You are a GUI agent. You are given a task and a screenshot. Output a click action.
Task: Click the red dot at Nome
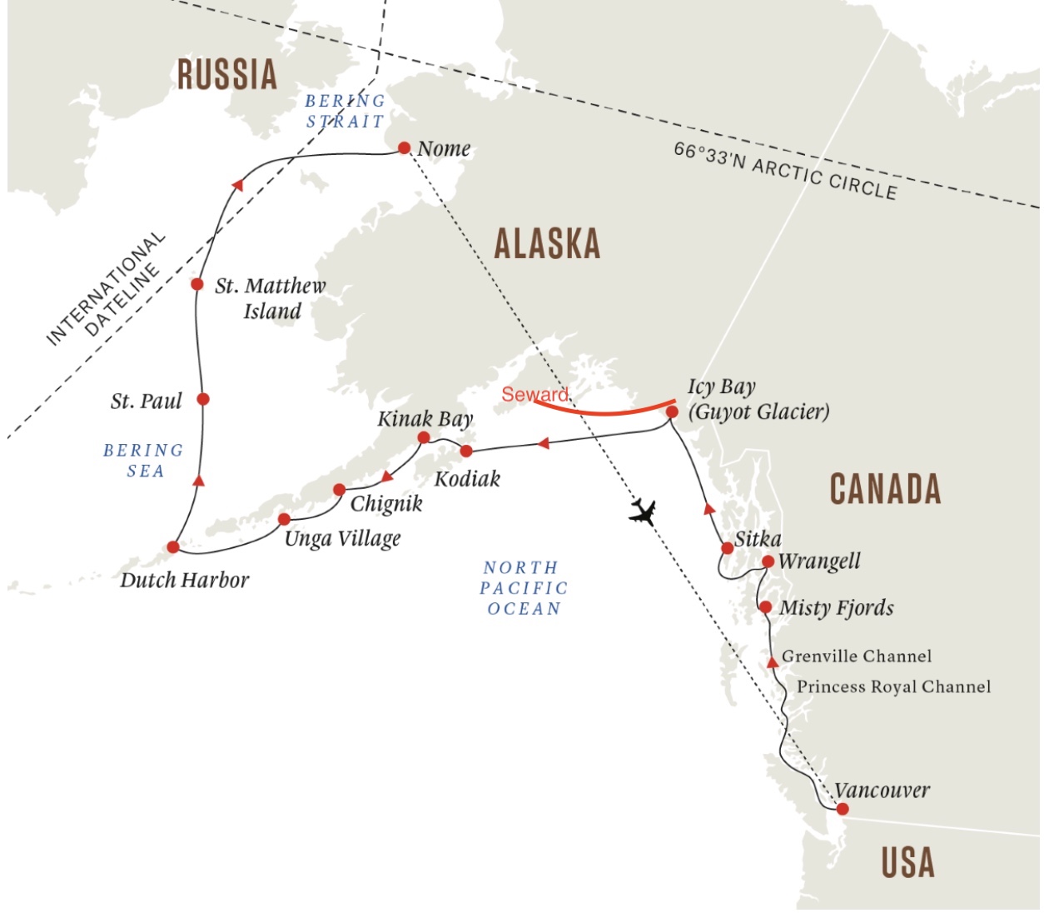pyautogui.click(x=404, y=148)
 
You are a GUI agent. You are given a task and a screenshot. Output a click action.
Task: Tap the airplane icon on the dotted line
pyautogui.click(x=642, y=511)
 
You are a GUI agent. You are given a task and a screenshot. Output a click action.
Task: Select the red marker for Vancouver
pyautogui.click(x=842, y=809)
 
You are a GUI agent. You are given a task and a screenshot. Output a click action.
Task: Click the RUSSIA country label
pyautogui.click(x=226, y=74)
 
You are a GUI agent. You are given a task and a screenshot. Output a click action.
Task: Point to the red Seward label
pyautogui.click(x=534, y=394)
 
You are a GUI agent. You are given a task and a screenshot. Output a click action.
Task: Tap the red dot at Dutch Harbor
pyautogui.click(x=172, y=547)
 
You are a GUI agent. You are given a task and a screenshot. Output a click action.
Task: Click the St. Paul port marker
pyautogui.click(x=202, y=399)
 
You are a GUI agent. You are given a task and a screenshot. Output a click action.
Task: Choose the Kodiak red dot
pyautogui.click(x=466, y=451)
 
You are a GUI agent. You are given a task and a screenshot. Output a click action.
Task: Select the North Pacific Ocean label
pyautogui.click(x=524, y=588)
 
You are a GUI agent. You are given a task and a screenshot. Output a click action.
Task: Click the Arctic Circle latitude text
pyautogui.click(x=785, y=172)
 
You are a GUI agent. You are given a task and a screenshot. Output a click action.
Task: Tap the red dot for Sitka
pyautogui.click(x=727, y=547)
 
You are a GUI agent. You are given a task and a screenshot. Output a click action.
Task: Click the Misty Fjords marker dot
pyautogui.click(x=765, y=606)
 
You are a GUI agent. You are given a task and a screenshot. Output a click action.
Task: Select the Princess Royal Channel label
pyautogui.click(x=893, y=686)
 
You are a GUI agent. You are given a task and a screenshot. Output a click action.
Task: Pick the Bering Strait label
pyautogui.click(x=345, y=111)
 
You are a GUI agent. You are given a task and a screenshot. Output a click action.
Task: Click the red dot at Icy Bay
pyautogui.click(x=672, y=412)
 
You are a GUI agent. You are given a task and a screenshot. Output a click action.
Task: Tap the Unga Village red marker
pyautogui.click(x=284, y=519)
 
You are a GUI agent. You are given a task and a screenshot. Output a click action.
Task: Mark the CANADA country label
pyautogui.click(x=885, y=489)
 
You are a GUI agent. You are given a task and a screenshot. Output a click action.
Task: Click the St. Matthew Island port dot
pyautogui.click(x=196, y=284)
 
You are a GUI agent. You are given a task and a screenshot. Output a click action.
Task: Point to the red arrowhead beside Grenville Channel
pyautogui.click(x=773, y=661)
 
